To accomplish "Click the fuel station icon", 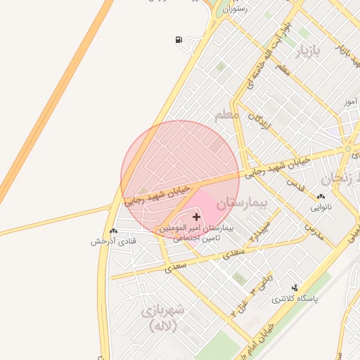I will pos(179,39).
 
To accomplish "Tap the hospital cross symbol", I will pos(196,217).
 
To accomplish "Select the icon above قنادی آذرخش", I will pos(113,231).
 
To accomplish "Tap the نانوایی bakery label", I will pos(321,208).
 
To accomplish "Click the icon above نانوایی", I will pos(321,198).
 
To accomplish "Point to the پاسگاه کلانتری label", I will pos(295,299).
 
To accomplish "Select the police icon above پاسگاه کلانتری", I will pos(295,288).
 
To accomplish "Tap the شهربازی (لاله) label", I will pos(162,317).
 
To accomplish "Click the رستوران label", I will pos(234,9).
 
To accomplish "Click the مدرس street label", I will pos(312,226).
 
